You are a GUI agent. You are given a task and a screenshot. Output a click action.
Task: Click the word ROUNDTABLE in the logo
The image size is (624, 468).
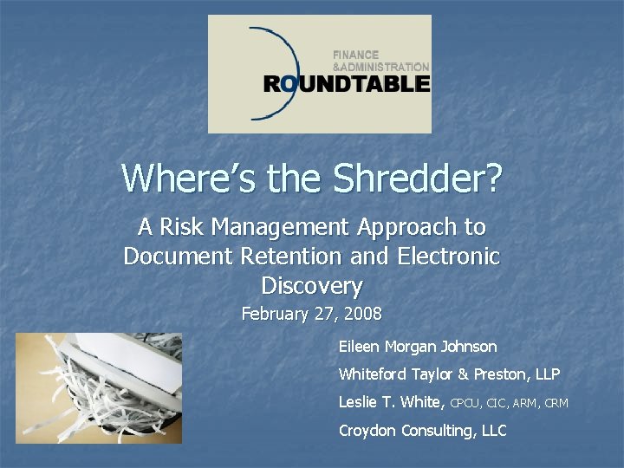tap(347, 84)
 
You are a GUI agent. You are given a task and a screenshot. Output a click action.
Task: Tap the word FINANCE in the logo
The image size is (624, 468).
tap(356, 55)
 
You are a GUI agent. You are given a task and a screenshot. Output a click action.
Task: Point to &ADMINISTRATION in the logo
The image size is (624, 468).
tap(380, 67)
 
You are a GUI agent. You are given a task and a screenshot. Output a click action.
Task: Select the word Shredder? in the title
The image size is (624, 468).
tap(419, 178)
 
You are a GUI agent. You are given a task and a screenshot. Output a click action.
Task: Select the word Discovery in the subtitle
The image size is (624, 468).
tap(311, 285)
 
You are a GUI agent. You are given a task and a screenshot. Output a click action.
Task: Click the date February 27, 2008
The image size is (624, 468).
tap(311, 314)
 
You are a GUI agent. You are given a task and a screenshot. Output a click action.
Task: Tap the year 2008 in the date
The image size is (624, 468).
tap(363, 314)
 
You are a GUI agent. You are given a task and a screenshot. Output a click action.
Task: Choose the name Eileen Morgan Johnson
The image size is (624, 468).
tap(418, 347)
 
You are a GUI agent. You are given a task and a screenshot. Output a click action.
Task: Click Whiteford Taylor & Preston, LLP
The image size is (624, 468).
tap(449, 374)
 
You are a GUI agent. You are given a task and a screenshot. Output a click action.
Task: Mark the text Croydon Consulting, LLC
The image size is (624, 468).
tap(422, 430)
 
